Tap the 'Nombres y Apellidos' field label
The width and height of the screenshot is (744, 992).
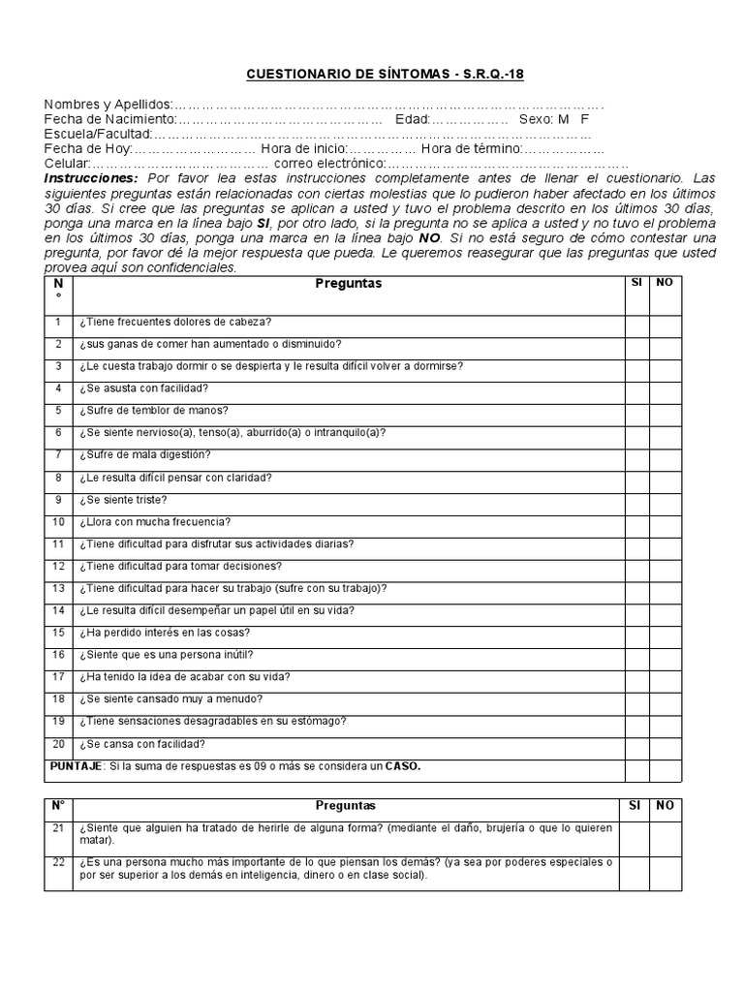(108, 105)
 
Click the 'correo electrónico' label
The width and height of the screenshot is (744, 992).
(329, 164)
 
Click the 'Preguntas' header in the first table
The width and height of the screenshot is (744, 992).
(348, 284)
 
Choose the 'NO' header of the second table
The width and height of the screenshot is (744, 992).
(666, 805)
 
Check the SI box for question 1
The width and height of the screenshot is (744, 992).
(636, 323)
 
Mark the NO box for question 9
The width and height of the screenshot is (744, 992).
(666, 500)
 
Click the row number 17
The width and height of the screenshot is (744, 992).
(58, 677)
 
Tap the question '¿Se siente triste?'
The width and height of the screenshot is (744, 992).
(123, 500)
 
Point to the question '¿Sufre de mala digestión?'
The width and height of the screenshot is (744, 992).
(144, 455)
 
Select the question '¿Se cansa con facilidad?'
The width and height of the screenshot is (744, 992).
(142, 744)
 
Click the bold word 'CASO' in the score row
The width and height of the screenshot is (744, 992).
(403, 766)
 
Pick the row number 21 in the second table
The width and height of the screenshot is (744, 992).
(58, 827)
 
